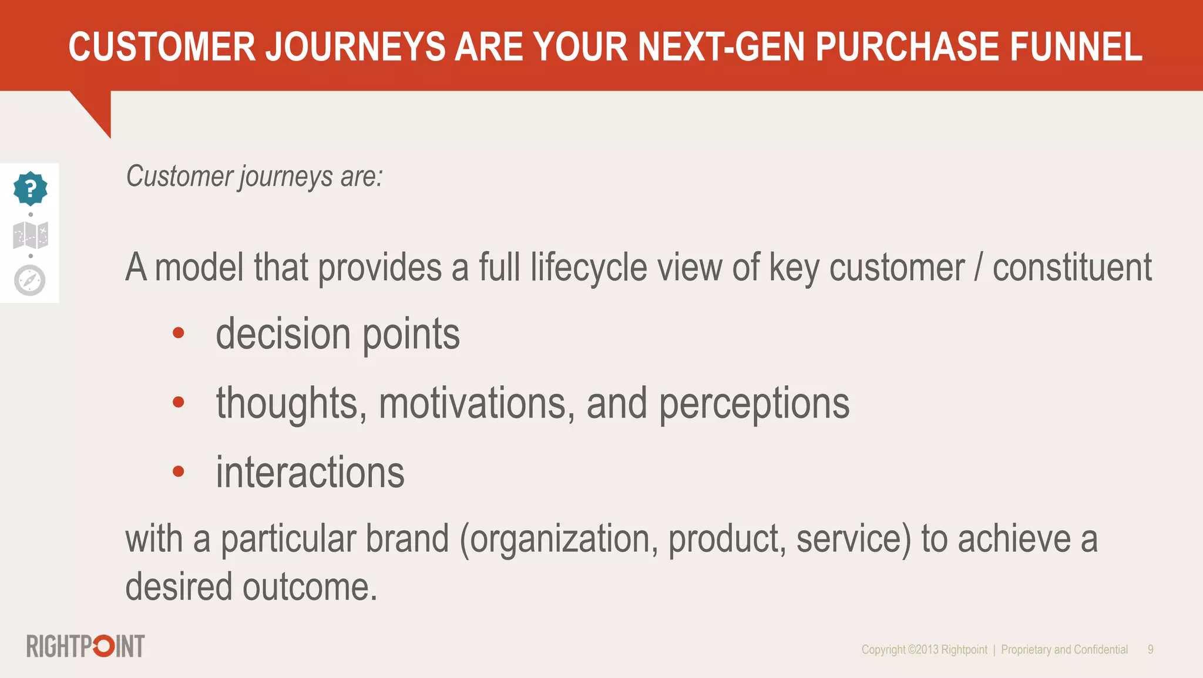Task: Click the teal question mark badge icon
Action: point(30,188)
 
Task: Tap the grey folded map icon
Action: point(31,235)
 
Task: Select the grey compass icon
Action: point(30,280)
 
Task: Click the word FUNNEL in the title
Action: point(1076,47)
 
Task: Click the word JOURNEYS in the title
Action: point(355,47)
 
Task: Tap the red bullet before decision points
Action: point(179,333)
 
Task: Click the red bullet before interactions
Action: point(179,471)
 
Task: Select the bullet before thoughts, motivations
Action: point(179,402)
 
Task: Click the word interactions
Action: point(310,473)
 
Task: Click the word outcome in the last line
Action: point(310,587)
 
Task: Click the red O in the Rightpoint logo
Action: point(104,646)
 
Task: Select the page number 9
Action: point(1150,650)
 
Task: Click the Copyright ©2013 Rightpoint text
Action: point(924,650)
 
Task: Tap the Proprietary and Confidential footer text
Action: point(1064,650)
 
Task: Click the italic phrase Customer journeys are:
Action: point(254,177)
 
